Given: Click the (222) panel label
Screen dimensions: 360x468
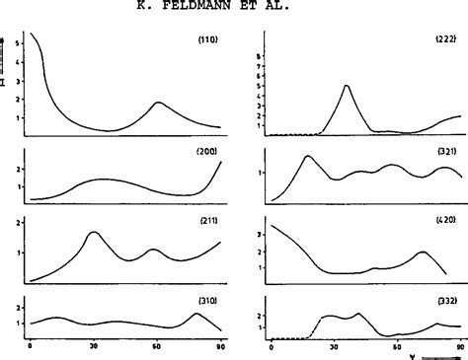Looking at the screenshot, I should click(x=444, y=39).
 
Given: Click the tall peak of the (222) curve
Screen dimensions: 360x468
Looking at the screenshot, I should click(x=347, y=86).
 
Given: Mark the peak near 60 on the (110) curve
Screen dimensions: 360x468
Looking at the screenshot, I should click(x=158, y=103).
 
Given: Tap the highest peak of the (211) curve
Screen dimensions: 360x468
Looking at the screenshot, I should click(x=94, y=233).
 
